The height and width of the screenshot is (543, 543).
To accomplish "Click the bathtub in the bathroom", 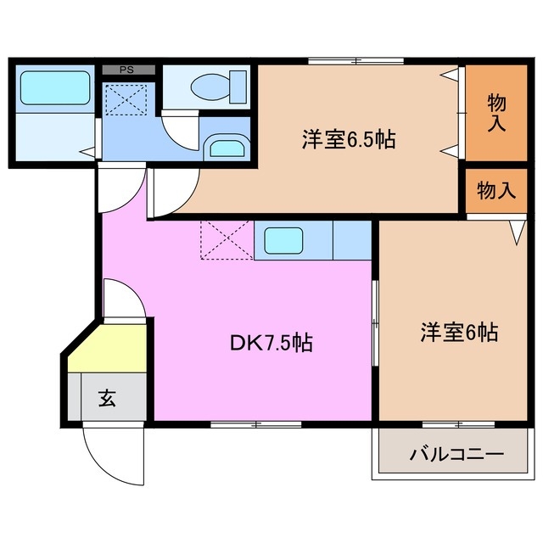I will [54, 87].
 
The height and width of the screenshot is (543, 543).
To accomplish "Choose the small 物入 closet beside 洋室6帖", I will [496, 191].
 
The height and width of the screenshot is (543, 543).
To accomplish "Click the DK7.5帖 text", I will [271, 344].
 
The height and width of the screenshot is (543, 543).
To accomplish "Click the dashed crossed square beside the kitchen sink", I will [226, 240].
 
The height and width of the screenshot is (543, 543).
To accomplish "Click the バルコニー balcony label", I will [456, 454].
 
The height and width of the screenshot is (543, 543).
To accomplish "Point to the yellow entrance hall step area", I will [106, 349].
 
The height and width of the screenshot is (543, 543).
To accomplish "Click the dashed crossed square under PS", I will [126, 101].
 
